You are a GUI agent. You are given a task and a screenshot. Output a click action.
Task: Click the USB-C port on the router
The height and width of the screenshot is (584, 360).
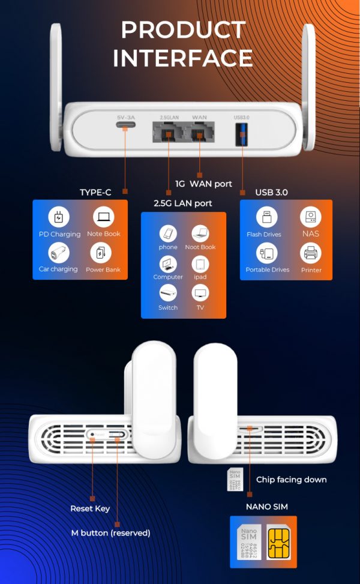click(x=125, y=127)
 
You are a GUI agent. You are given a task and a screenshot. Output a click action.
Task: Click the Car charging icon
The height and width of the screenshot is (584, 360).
click(x=59, y=253)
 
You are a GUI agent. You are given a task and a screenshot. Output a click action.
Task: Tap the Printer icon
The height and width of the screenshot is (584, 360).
click(x=311, y=254)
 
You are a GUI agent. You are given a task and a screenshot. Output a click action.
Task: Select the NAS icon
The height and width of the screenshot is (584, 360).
click(x=311, y=218)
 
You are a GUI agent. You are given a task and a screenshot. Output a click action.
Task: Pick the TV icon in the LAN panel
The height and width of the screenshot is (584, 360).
click(x=200, y=294)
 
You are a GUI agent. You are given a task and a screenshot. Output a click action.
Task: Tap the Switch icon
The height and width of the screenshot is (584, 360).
click(x=168, y=294)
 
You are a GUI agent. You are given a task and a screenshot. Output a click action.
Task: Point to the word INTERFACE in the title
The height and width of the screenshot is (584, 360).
click(x=182, y=58)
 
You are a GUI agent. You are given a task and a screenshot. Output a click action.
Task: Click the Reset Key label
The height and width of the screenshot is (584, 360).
click(x=90, y=508)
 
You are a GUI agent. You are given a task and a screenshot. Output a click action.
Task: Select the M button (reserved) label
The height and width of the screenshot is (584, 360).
click(x=110, y=532)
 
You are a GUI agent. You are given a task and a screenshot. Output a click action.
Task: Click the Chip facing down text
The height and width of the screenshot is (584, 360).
click(x=291, y=479)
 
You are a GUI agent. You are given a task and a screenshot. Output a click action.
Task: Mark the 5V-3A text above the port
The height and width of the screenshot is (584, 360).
click(x=125, y=116)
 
